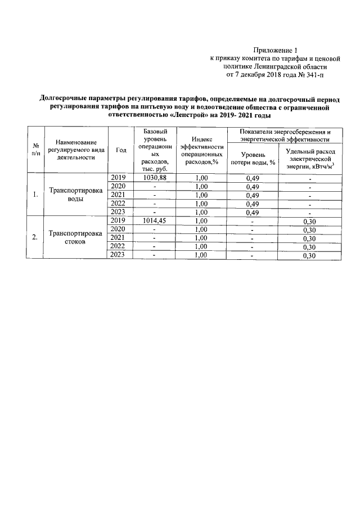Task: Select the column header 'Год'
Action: click(120, 150)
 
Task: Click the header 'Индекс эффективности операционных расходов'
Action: click(201, 150)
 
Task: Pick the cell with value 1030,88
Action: click(154, 177)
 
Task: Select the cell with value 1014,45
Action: click(154, 220)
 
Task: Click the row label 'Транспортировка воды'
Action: click(75, 195)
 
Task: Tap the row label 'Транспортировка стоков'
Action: click(75, 237)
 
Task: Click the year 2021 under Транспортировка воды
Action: click(118, 195)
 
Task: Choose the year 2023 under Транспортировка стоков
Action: click(118, 255)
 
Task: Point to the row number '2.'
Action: click(35, 237)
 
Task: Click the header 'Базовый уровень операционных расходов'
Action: click(154, 150)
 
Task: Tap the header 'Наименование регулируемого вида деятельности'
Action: click(75, 150)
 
